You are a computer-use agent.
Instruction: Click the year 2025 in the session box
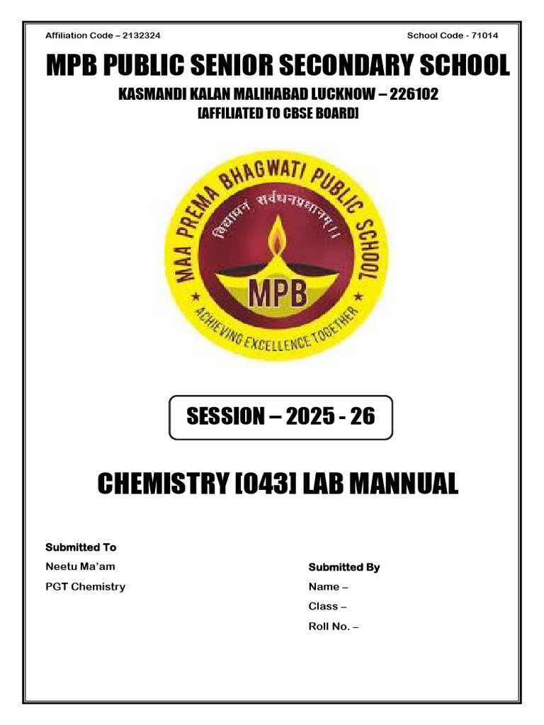pos(312,417)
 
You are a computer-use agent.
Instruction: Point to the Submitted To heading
pos(81,547)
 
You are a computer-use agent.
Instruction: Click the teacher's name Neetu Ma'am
pos(80,567)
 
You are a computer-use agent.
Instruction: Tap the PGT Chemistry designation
pos(85,586)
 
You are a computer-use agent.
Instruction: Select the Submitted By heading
pos(344,567)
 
